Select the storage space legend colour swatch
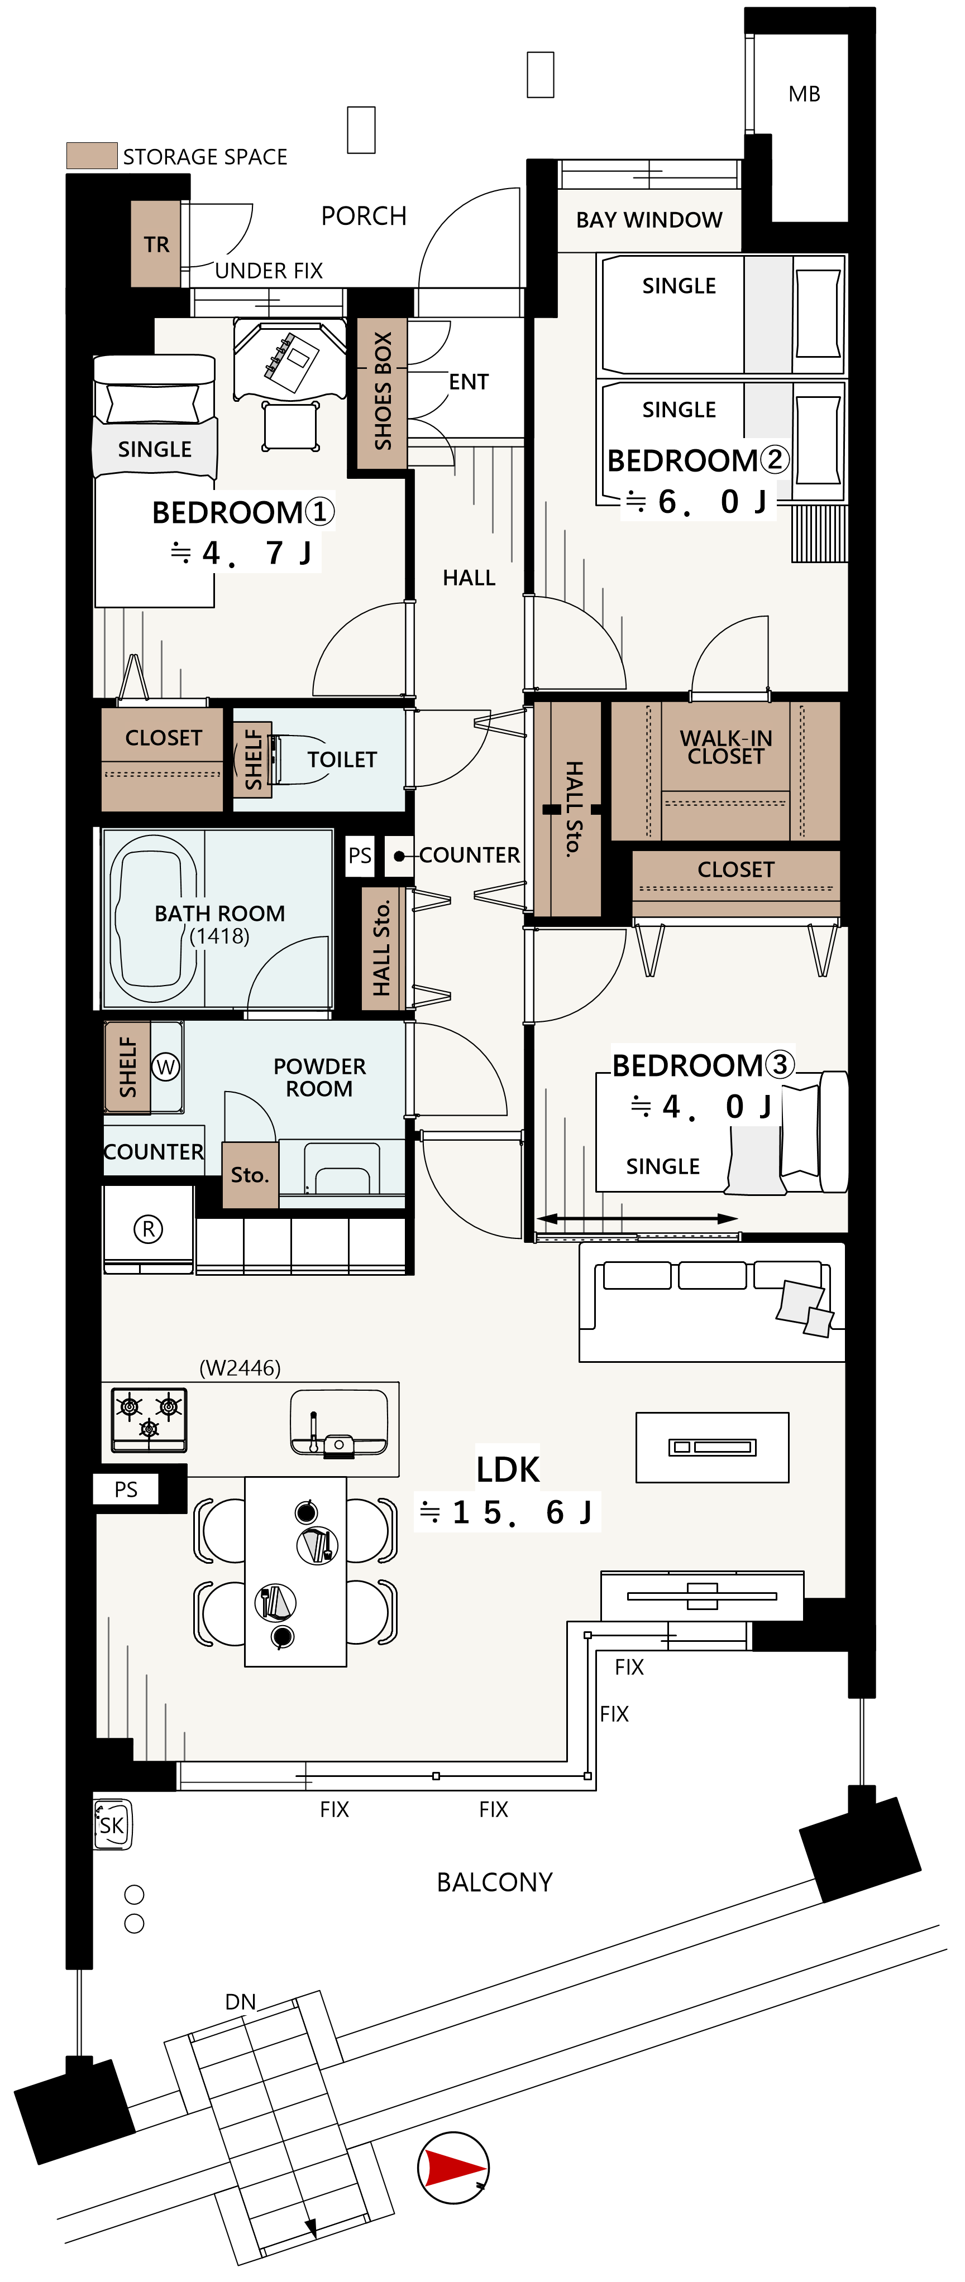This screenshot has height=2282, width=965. [92, 156]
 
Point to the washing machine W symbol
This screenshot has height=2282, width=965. [166, 1066]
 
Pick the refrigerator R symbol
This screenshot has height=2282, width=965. [148, 1229]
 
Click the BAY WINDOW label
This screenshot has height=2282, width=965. [649, 220]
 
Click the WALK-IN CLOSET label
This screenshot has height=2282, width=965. [726, 747]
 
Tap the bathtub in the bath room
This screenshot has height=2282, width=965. [154, 919]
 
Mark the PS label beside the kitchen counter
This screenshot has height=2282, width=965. [126, 1489]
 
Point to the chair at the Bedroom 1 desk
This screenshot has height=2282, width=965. [290, 426]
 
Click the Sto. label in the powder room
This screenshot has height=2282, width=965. [249, 1175]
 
